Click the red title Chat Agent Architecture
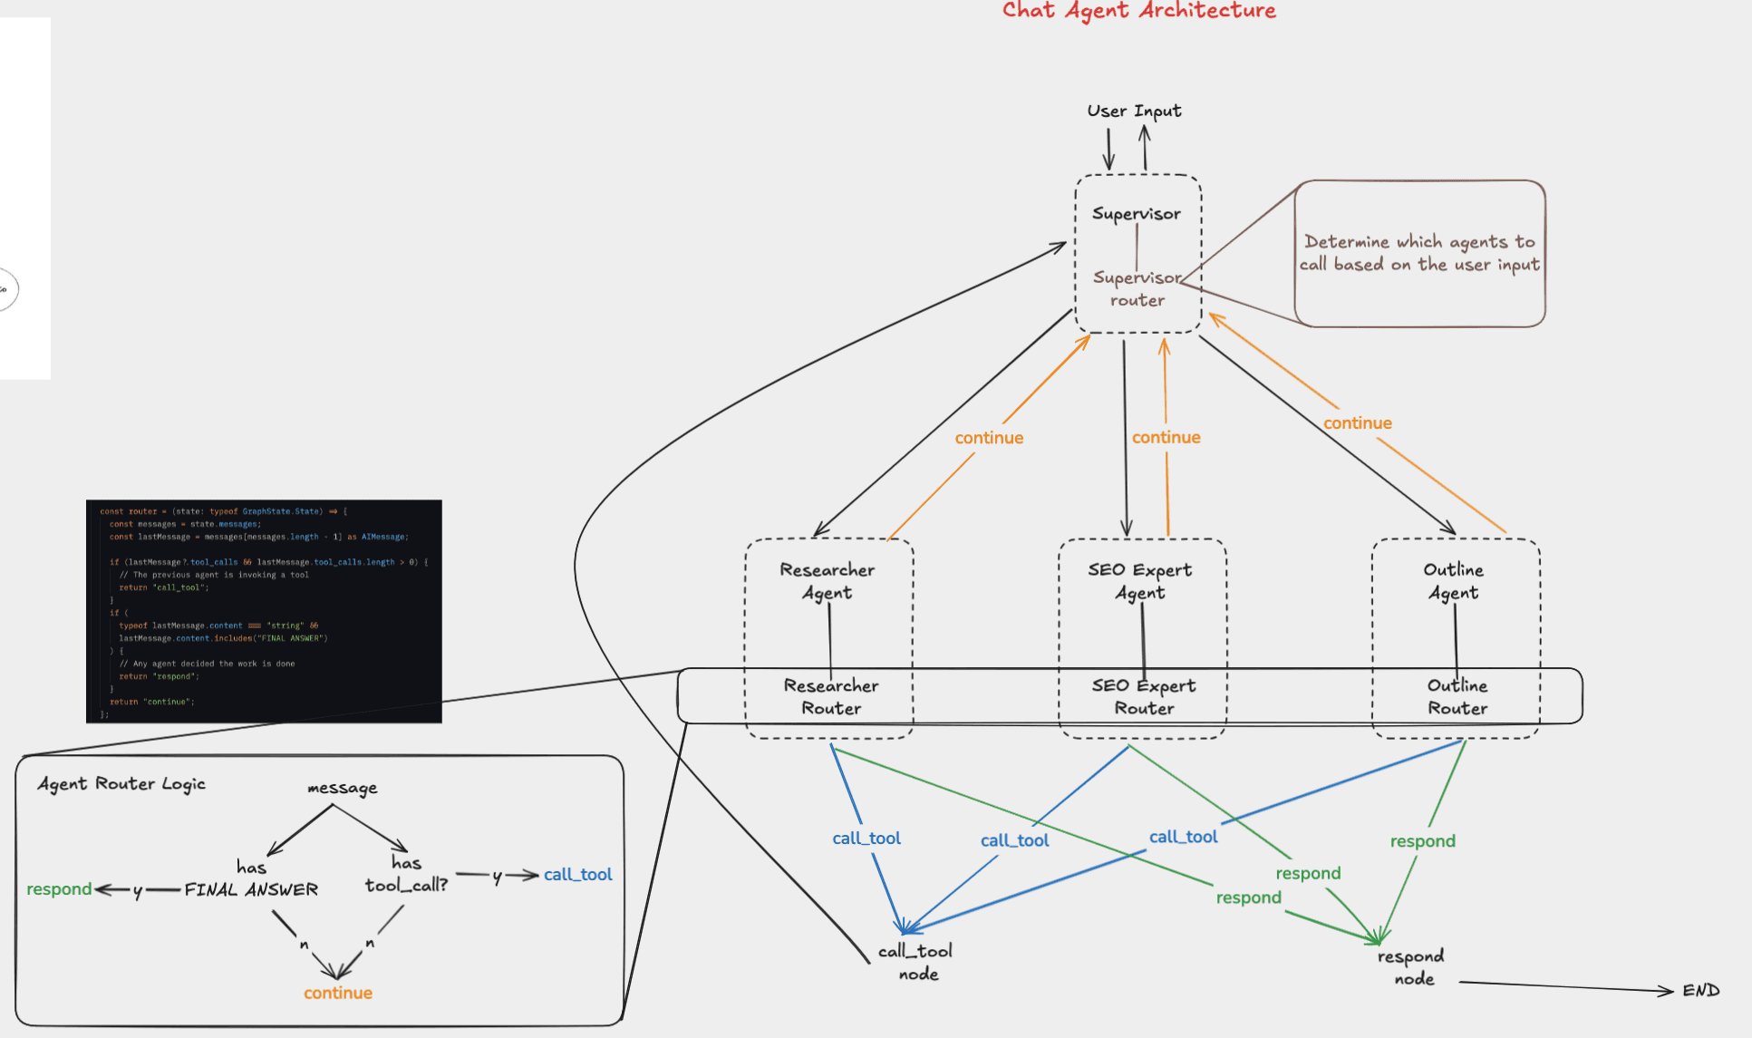pos(1138,11)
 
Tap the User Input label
pos(1134,111)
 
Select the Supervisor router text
pos(1137,289)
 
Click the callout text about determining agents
pos(1419,253)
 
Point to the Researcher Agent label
pos(828,581)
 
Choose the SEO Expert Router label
pos(1144,697)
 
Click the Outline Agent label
pos(1454,581)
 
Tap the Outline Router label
pos(1457,697)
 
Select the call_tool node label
pos(916,962)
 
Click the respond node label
pos(1411,967)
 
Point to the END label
pos(1701,991)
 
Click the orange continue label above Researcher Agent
pos(989,438)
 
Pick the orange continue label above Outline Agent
pos(1357,423)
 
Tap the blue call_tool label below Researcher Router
pos(866,839)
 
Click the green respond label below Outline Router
pos(1422,841)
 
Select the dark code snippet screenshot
pos(264,611)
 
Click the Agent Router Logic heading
pos(121,784)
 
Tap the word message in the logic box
pos(342,788)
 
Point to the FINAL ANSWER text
pos(251,890)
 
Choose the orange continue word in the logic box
pos(337,994)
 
